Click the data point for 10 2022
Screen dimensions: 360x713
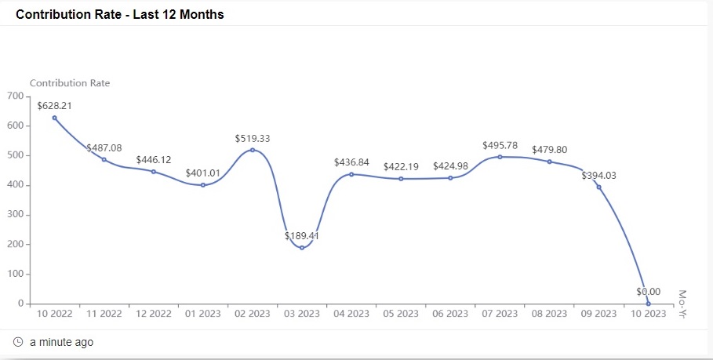(54, 118)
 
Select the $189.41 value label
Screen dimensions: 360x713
(302, 235)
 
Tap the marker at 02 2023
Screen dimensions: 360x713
(253, 150)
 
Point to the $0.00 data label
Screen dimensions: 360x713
(648, 292)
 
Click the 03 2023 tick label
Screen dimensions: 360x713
(302, 314)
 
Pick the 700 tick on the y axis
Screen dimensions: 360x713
(16, 96)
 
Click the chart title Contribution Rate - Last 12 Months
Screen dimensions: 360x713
(120, 15)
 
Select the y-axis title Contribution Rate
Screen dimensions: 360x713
(70, 82)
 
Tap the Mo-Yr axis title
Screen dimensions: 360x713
(682, 304)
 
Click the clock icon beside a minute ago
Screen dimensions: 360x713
(19, 343)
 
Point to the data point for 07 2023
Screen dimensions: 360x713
(500, 157)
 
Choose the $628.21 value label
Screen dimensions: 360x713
(54, 104)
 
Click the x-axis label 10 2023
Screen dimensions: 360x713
(648, 314)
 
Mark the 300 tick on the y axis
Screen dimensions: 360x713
(16, 215)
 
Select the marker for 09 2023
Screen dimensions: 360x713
(598, 187)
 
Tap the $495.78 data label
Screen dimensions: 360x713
(500, 145)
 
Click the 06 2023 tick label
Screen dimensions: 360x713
(450, 314)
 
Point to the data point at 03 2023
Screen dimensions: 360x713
(302, 248)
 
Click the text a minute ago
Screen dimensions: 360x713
(61, 343)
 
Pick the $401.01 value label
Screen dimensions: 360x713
(203, 173)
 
